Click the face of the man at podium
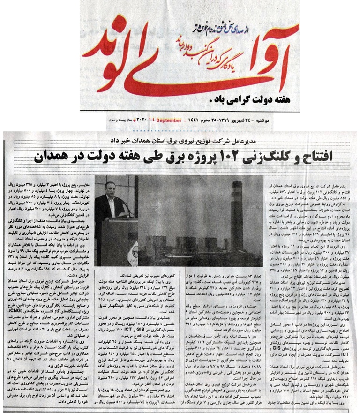click(110, 188)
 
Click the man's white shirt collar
click(109, 197)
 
